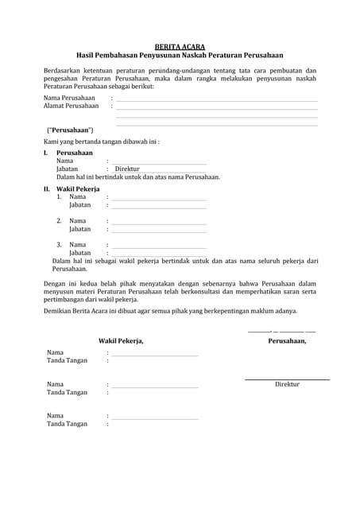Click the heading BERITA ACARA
180,47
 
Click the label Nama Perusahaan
69,98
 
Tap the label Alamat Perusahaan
71,106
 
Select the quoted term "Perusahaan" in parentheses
70,130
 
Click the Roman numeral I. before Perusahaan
46,152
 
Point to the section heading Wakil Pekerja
78,188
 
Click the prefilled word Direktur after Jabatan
127,169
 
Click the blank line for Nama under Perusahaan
158,162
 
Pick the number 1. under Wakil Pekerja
59,196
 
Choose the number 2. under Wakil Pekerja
59,220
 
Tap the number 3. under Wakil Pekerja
59,244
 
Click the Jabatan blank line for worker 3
158,254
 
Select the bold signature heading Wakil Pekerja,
121,340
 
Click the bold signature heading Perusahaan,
287,340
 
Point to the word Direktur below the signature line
287,384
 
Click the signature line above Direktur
287,379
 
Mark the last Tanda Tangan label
67,424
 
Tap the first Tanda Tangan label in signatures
67,360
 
